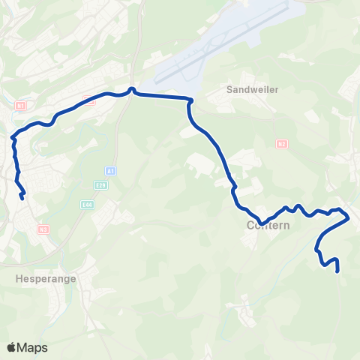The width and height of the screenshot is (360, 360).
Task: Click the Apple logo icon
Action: pyautogui.click(x=11, y=347)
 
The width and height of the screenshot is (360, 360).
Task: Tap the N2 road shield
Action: pyautogui.click(x=281, y=144)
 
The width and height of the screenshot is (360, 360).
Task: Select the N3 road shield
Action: pyautogui.click(x=43, y=229)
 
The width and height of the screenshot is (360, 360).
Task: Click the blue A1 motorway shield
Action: pyautogui.click(x=110, y=171)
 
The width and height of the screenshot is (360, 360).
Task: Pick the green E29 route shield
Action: pyautogui.click(x=101, y=184)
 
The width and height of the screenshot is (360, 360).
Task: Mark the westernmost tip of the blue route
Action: pyautogui.click(x=13, y=137)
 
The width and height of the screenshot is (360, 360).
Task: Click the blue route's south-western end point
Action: pyautogui.click(x=22, y=197)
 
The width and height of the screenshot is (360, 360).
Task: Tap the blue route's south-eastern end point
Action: pyautogui.click(x=338, y=270)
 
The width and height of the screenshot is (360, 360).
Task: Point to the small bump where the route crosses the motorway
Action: pyautogui.click(x=132, y=90)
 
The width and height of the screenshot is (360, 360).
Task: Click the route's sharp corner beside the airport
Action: pyautogui.click(x=190, y=99)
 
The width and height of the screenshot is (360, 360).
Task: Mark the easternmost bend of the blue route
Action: pyautogui.click(x=349, y=218)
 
